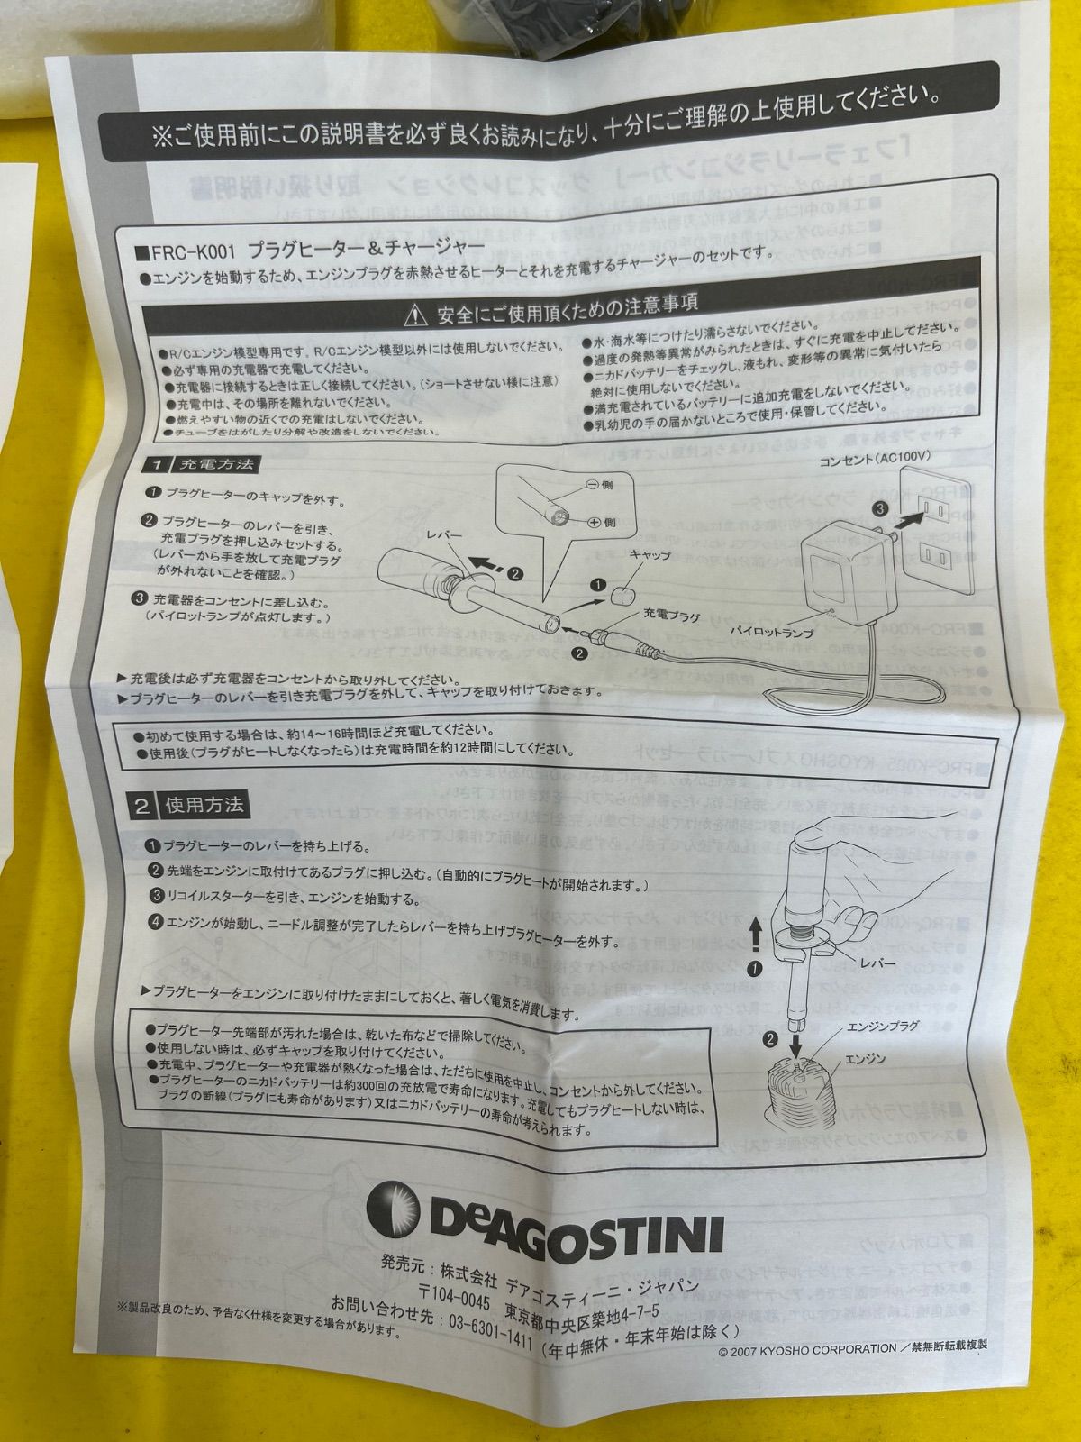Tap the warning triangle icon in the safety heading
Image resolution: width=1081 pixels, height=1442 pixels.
tap(415, 314)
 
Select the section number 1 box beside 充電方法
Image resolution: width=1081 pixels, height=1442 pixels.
tap(156, 466)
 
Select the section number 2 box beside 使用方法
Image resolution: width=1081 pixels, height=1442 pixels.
tap(142, 806)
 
